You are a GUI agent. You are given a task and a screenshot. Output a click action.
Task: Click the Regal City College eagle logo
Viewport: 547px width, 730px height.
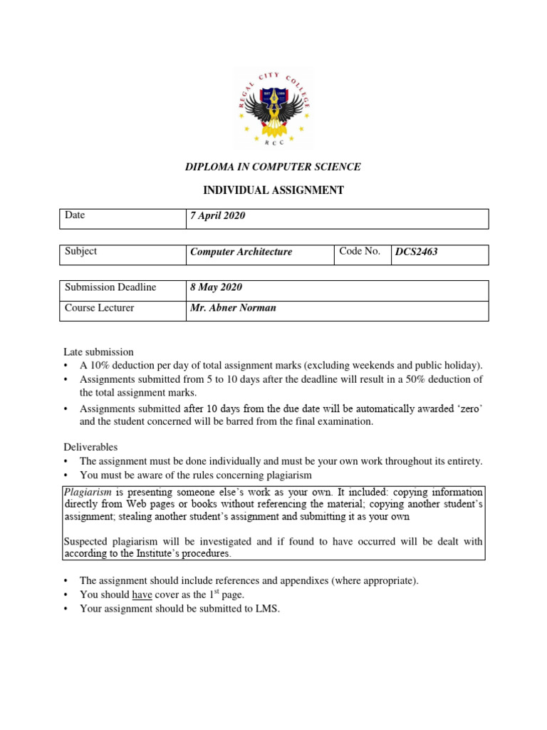point(273,107)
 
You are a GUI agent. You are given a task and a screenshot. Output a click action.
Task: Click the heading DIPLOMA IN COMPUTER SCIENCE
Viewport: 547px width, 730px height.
point(273,167)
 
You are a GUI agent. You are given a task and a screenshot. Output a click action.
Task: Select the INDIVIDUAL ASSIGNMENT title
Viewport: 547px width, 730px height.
point(273,190)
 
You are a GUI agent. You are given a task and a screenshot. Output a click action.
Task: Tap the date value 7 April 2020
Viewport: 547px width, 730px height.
point(217,216)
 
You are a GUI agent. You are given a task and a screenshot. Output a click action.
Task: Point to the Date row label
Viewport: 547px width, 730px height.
point(75,215)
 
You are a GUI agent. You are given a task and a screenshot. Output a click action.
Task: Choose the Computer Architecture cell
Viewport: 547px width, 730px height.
point(241,252)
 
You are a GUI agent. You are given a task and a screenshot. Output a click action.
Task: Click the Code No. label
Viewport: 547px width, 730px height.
point(360,252)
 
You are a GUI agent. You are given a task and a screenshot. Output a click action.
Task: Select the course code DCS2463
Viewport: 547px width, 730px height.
point(417,252)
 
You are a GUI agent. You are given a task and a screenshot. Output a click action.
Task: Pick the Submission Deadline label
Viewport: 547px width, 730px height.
point(110,287)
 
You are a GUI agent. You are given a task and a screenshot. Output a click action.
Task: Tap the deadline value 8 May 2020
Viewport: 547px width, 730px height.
point(216,288)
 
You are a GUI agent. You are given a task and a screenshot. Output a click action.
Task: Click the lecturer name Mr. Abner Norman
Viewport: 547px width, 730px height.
point(232,309)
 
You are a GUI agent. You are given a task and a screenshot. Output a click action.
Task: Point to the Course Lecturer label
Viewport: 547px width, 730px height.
point(99,308)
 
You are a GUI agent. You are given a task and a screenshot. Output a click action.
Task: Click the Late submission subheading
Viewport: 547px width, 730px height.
point(98,351)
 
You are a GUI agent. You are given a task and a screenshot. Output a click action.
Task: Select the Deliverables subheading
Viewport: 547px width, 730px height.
point(90,447)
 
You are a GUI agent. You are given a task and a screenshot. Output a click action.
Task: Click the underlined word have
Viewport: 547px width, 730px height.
point(142,595)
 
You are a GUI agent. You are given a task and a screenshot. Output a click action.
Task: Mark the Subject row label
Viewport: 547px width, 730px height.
point(80,252)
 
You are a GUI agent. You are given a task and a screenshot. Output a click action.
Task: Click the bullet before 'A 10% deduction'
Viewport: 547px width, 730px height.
point(66,365)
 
